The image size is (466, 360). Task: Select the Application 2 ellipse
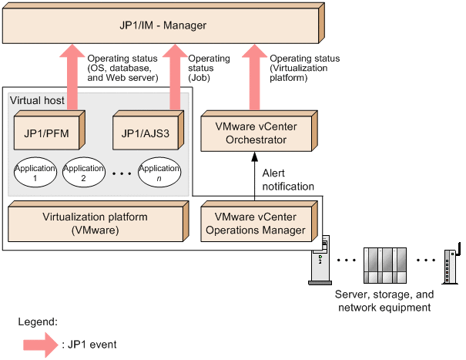[83, 173]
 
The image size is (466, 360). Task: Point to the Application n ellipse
[159, 173]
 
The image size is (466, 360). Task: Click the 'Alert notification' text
[288, 180]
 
